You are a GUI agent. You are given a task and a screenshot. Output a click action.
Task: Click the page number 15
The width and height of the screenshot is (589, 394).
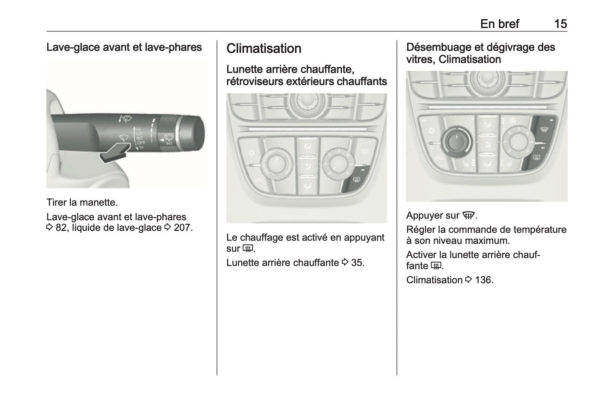point(561,24)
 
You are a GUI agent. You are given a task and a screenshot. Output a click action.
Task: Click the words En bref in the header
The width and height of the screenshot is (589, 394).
point(500,24)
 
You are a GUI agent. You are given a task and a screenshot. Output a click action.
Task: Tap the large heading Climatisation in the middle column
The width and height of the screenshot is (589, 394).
point(264,48)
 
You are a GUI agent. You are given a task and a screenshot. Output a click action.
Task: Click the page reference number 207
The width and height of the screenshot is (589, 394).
point(183,228)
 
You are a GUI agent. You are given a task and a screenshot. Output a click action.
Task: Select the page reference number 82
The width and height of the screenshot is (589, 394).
point(61,228)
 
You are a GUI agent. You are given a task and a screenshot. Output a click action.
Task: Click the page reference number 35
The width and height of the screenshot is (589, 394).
point(357,263)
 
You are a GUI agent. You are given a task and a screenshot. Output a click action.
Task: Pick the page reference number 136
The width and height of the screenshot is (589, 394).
point(484,280)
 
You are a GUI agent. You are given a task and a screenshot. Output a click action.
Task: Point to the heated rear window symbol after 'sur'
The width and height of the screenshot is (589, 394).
point(248,248)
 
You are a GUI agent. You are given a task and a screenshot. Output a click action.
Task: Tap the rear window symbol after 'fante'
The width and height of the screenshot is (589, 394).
point(436,266)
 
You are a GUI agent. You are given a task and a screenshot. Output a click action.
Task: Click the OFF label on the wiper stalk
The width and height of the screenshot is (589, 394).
point(141,143)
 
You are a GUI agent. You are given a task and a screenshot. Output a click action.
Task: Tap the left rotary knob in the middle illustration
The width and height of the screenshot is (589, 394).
point(276,164)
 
